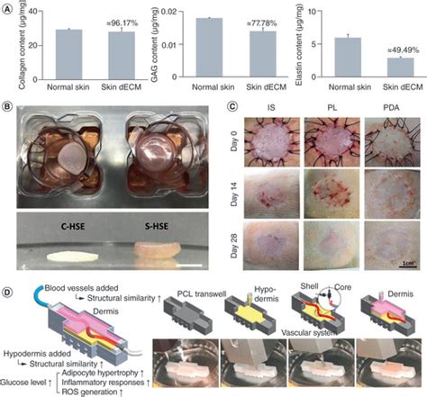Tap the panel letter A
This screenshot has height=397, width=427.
pos(7,6)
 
